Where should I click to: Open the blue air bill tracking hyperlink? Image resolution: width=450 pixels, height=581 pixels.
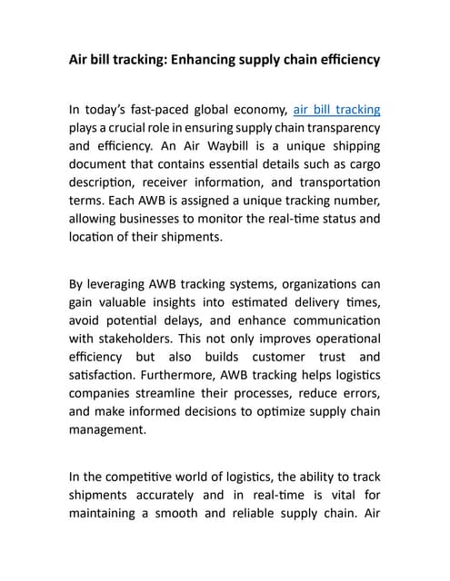(336, 110)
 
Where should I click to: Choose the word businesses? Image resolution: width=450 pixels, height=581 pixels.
(160, 219)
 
